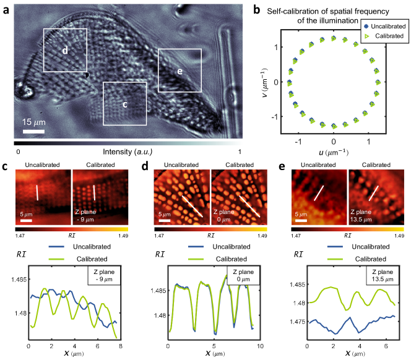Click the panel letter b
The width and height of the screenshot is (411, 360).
pos(259,7)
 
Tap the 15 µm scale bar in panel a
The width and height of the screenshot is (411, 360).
pos(35,131)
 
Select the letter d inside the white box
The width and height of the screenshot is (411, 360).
pos(64,51)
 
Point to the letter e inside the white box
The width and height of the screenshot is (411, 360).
pos(180,71)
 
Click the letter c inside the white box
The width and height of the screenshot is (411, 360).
pos(124,104)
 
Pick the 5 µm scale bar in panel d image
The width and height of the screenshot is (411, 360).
pos(163,219)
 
